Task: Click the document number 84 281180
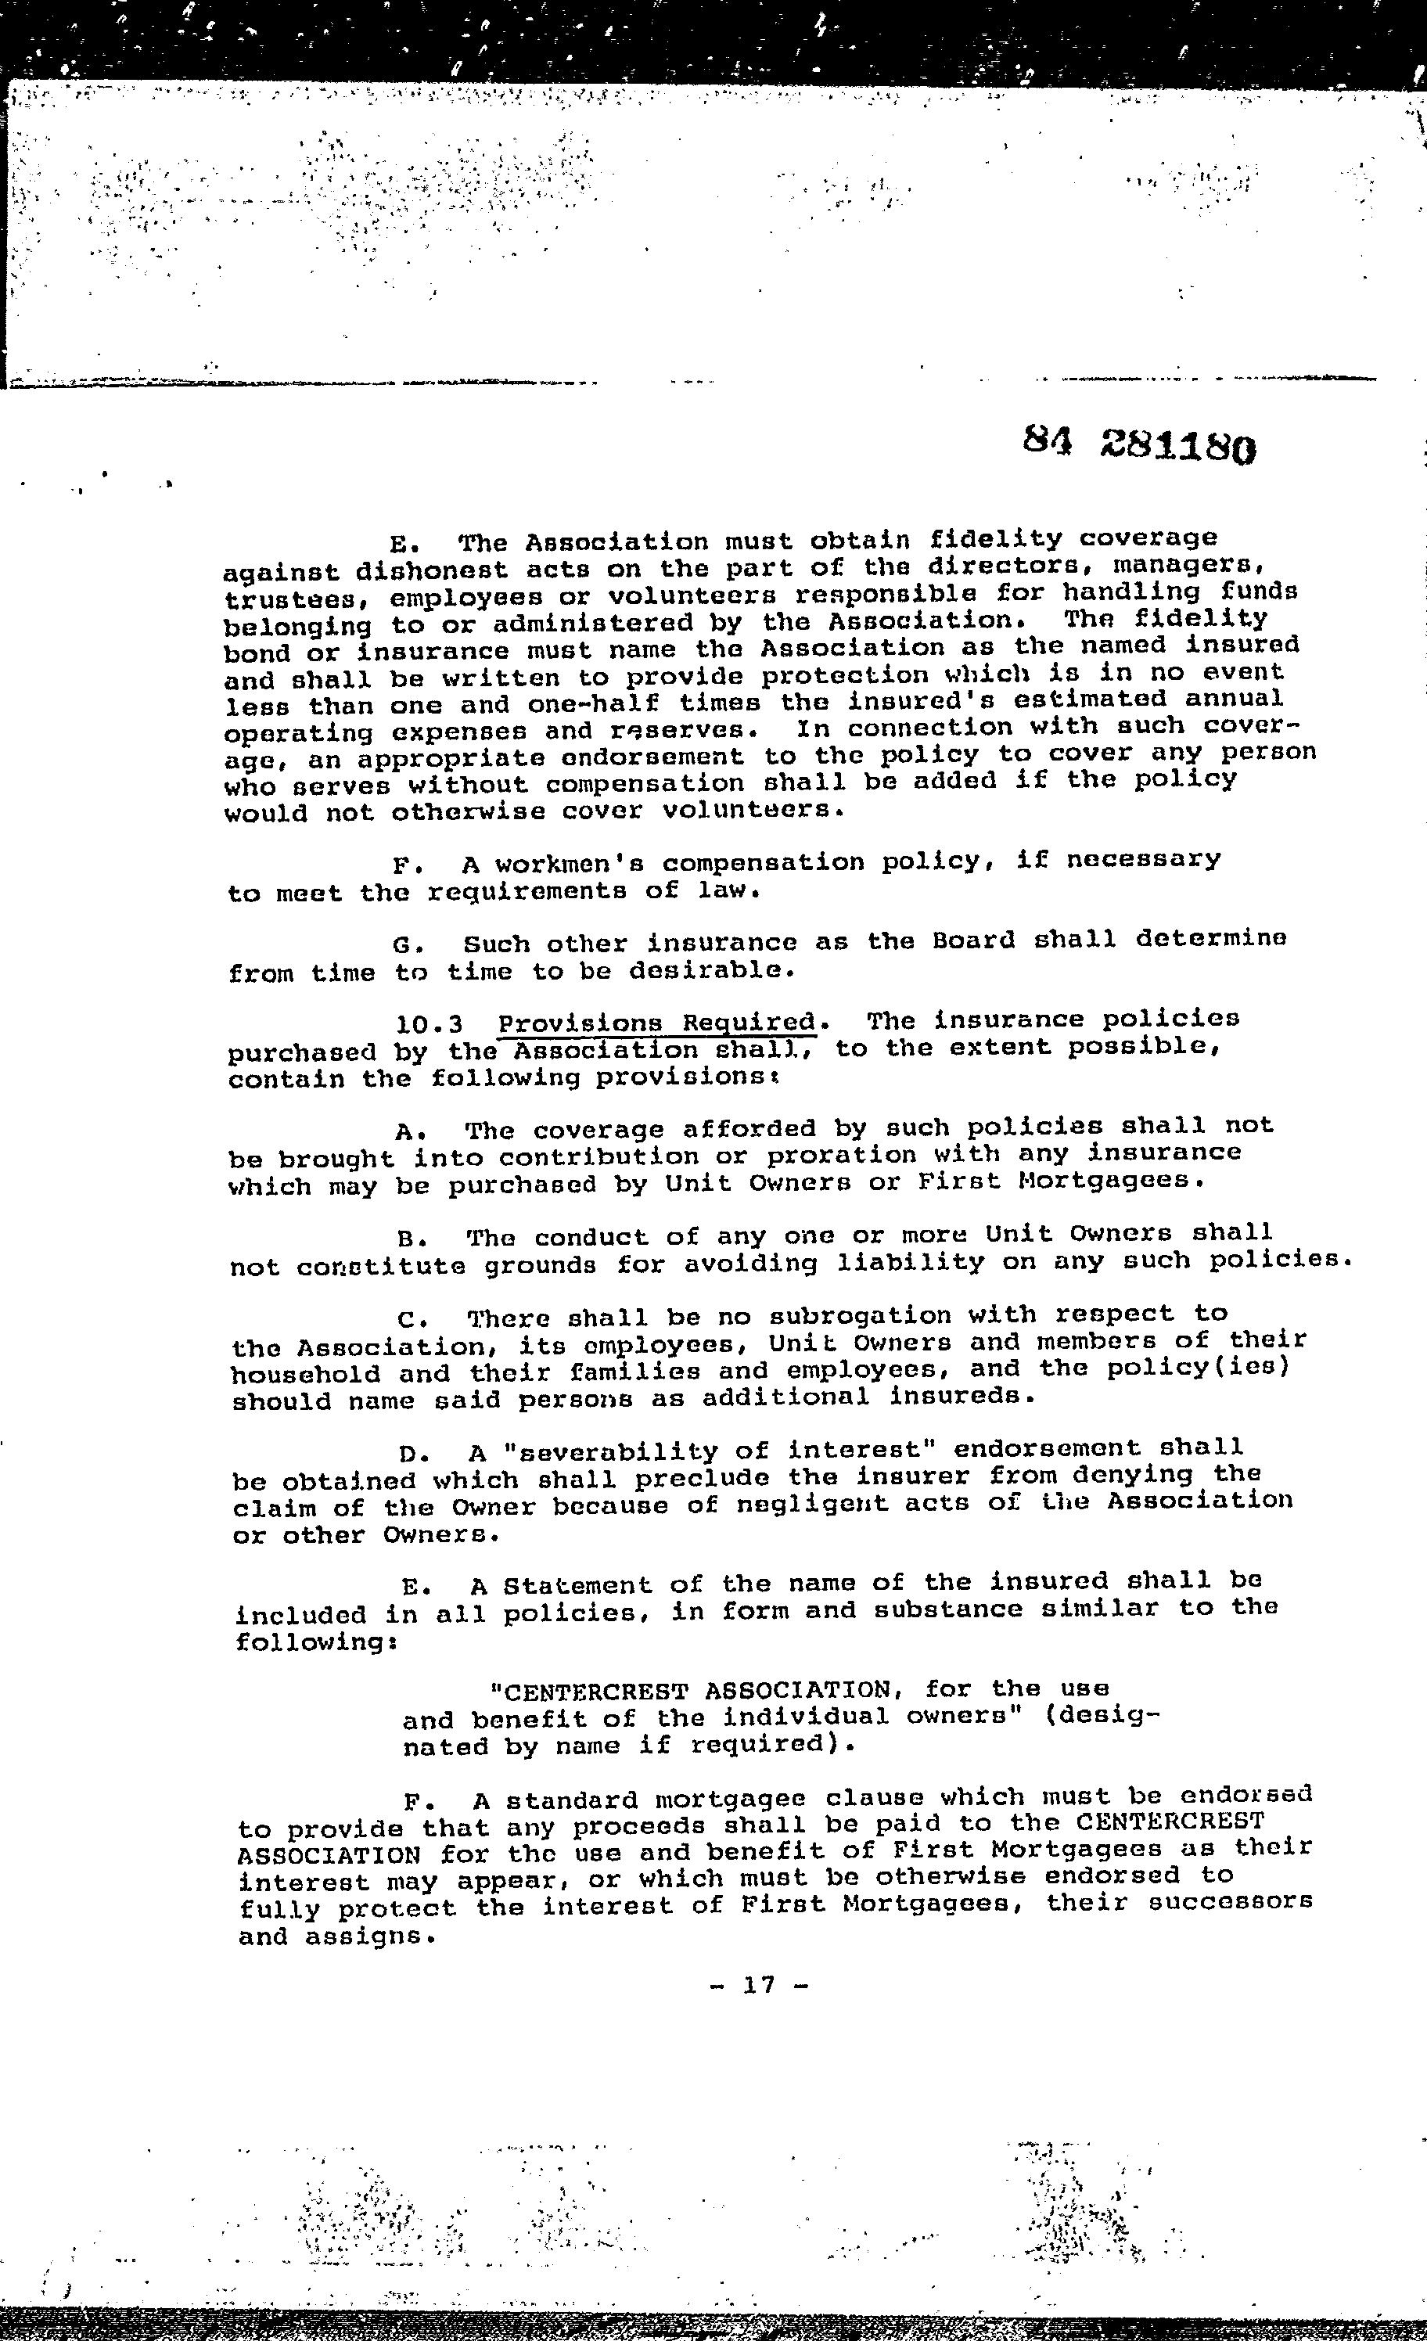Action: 1139,442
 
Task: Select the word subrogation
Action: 859,1316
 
